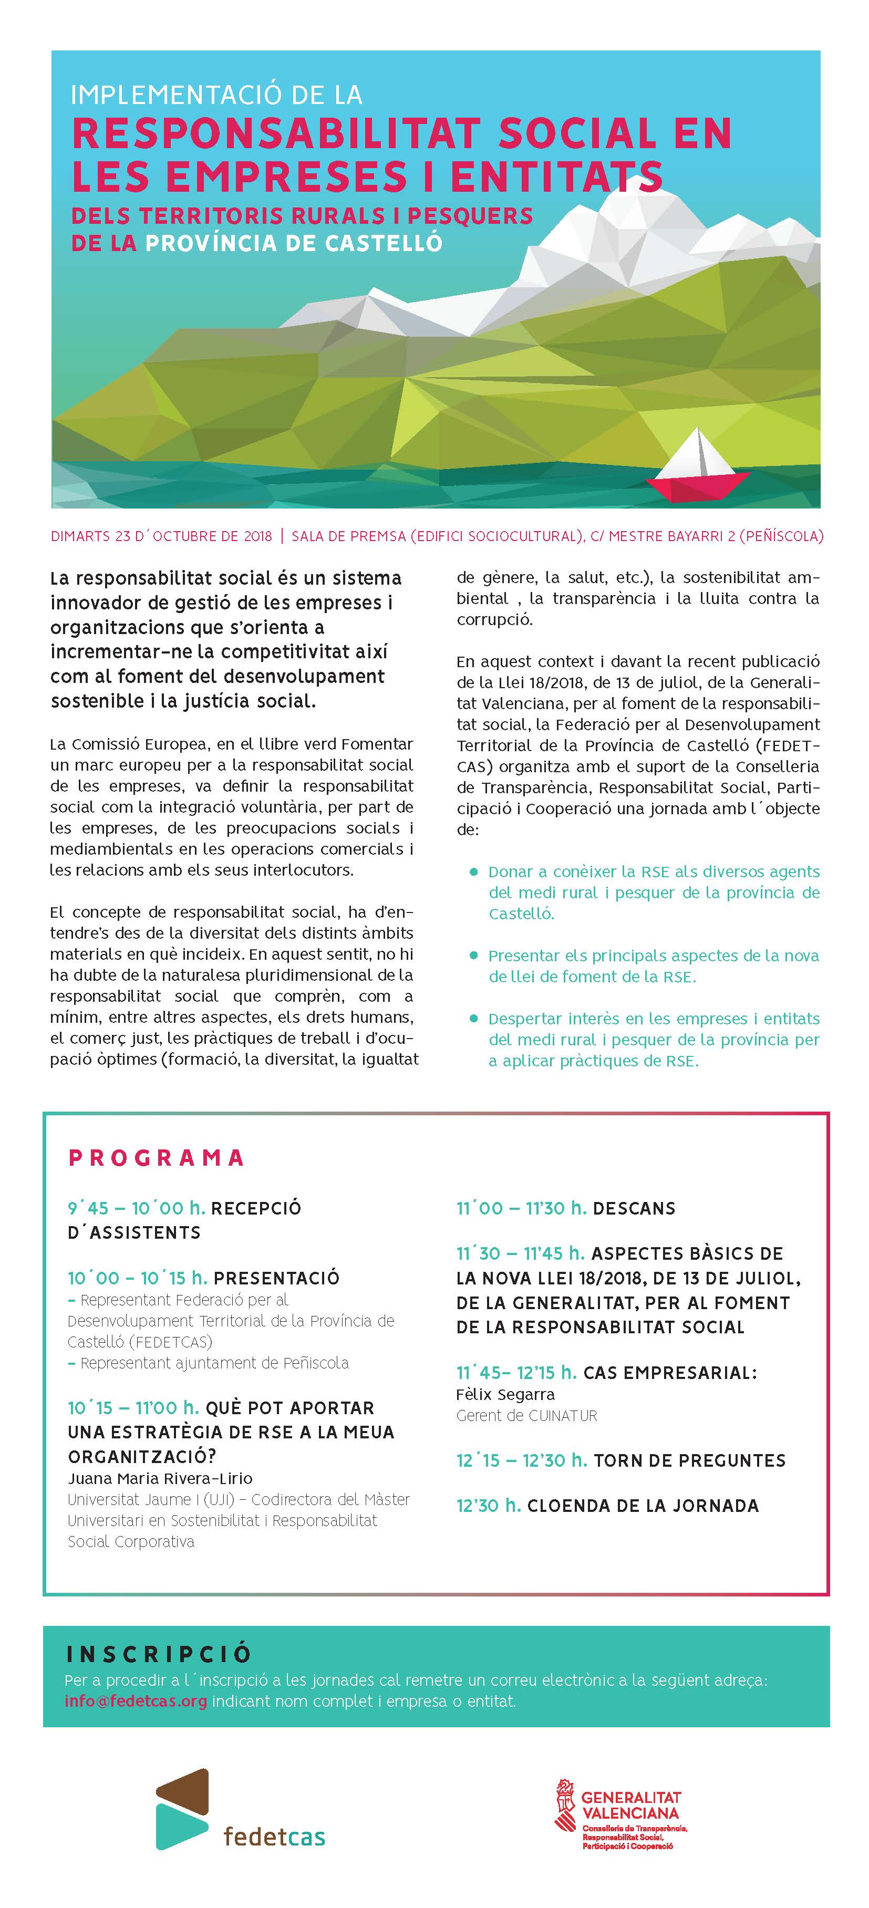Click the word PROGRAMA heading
(157, 1158)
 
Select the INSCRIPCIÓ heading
(159, 1655)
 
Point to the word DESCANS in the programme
(634, 1209)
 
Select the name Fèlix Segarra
(505, 1394)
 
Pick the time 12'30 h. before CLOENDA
(488, 1506)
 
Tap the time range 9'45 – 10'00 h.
(136, 1208)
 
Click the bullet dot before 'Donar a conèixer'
(473, 872)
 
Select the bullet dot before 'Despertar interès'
(473, 1019)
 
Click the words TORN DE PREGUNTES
(689, 1460)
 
